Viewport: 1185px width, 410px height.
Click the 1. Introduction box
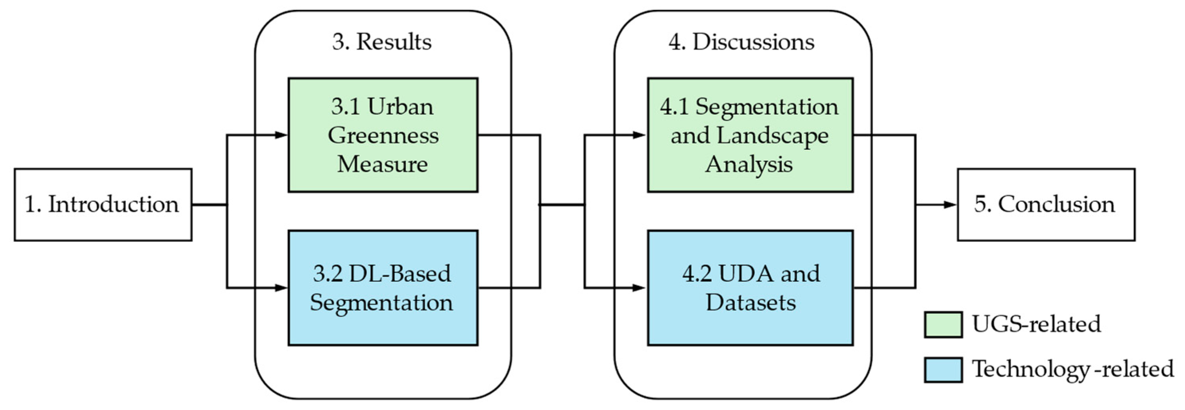pos(103,204)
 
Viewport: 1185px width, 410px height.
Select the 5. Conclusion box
pos(1046,204)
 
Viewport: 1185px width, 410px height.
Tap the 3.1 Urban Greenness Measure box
pos(383,135)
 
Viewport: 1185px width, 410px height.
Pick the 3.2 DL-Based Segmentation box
pos(383,288)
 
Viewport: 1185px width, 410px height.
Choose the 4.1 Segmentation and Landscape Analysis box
pos(750,135)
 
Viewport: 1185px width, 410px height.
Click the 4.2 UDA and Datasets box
pos(750,288)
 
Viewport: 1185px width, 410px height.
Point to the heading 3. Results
pos(382,42)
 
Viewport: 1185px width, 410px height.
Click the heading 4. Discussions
pos(742,42)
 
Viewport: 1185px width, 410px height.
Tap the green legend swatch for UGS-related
pos(943,325)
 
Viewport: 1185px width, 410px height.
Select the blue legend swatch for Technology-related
pos(943,370)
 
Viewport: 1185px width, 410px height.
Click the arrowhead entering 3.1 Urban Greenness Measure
pos(281,135)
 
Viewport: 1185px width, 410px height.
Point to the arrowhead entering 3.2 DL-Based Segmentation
pos(281,288)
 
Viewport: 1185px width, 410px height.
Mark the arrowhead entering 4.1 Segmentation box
pos(640,135)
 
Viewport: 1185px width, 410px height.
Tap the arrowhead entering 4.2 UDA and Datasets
pos(640,288)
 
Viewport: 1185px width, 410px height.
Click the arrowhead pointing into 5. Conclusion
pos(950,205)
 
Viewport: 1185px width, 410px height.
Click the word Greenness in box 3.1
pos(383,135)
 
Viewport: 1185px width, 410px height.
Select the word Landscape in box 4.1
pos(772,135)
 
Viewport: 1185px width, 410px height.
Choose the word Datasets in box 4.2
pos(751,303)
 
